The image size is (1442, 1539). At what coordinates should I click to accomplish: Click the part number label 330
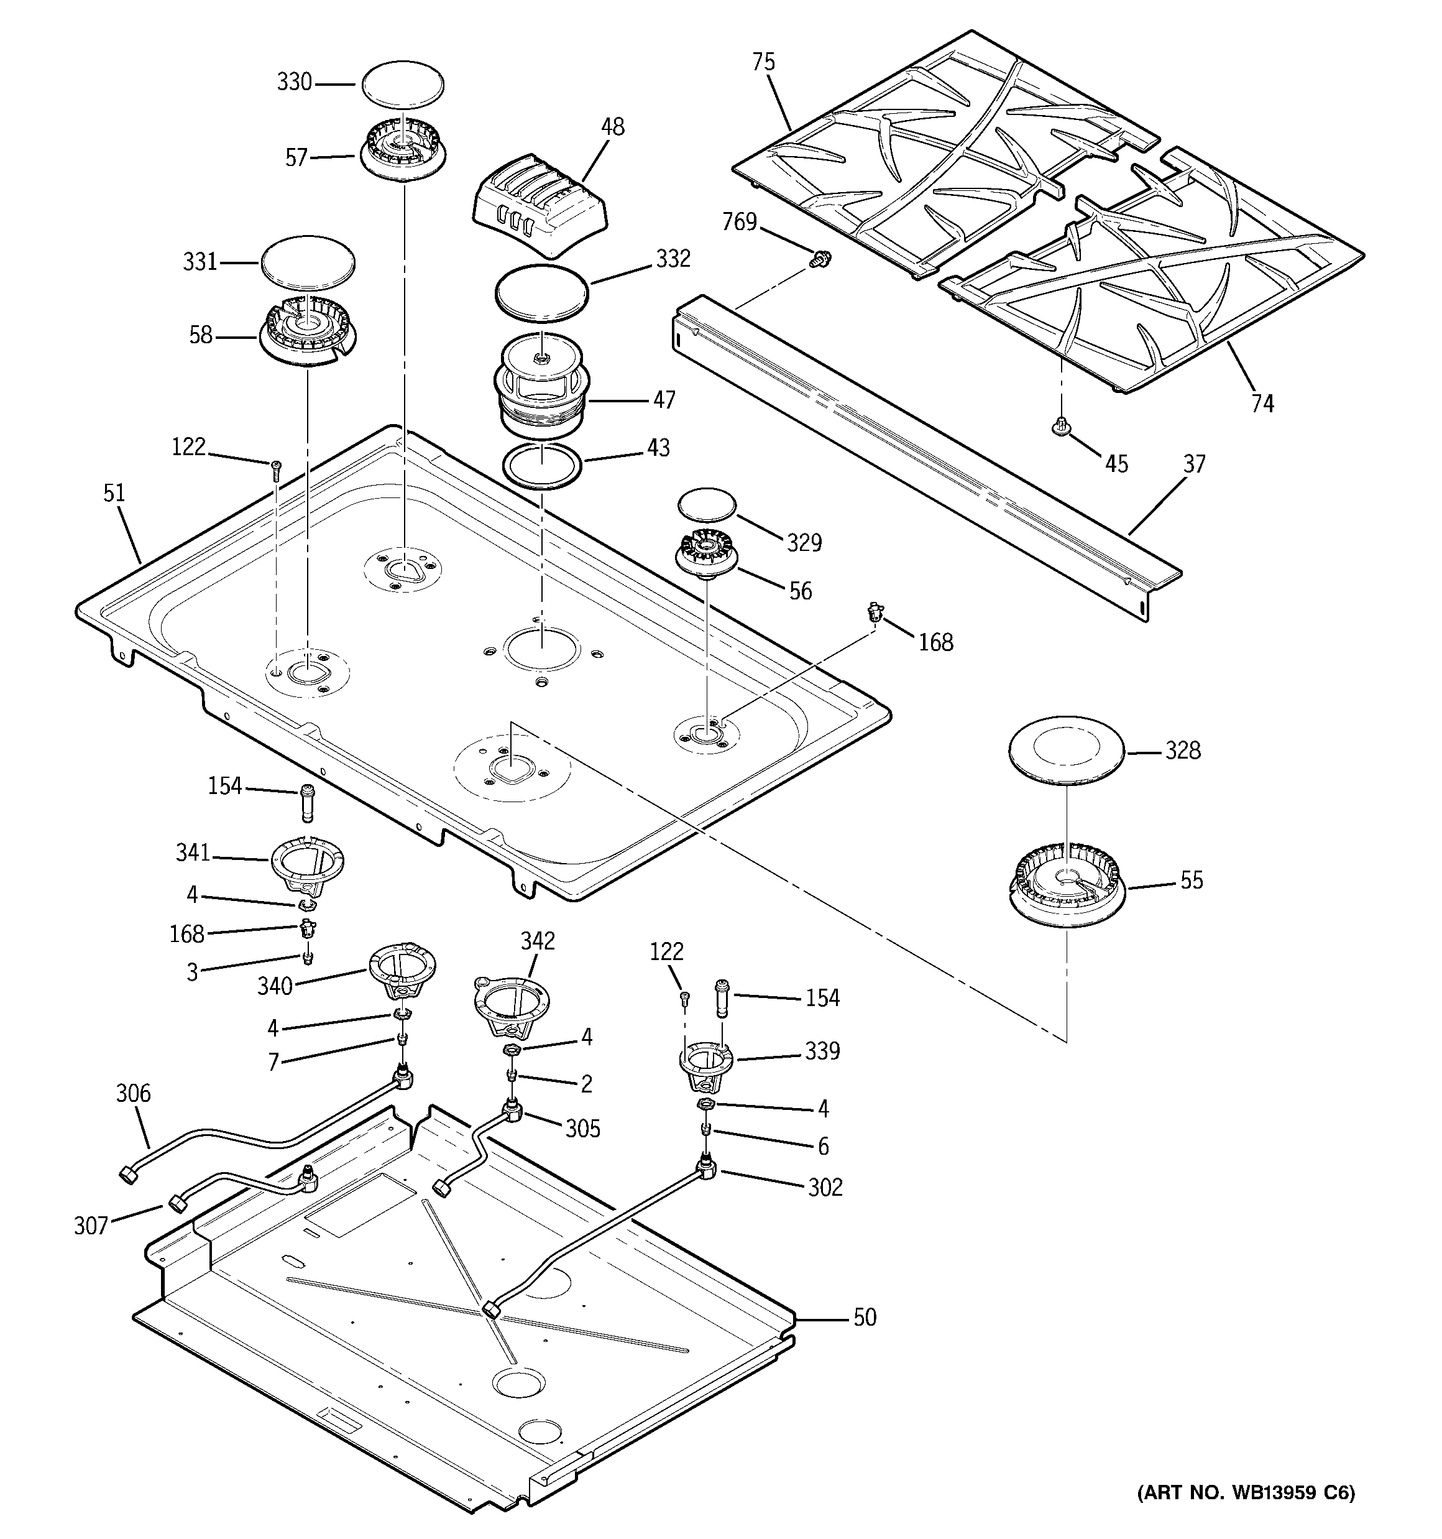tap(294, 82)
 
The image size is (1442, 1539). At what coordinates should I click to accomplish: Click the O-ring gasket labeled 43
tap(541, 467)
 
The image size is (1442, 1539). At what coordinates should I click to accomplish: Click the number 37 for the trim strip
tap(1195, 464)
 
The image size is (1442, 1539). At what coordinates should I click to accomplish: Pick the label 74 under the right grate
tap(1262, 404)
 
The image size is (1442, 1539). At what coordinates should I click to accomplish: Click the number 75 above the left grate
tap(763, 62)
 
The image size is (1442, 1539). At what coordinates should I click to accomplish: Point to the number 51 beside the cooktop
tap(114, 493)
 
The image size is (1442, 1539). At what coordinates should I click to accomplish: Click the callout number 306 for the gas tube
tap(133, 1093)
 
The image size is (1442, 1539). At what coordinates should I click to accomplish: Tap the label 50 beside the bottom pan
tap(865, 1317)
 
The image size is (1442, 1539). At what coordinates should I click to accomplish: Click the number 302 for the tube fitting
tap(825, 1187)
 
